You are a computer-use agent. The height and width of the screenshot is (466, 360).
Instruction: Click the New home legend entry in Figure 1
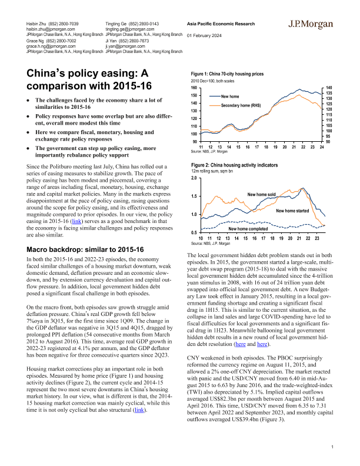point(229,95)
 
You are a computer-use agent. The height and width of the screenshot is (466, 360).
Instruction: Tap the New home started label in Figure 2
point(292,211)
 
